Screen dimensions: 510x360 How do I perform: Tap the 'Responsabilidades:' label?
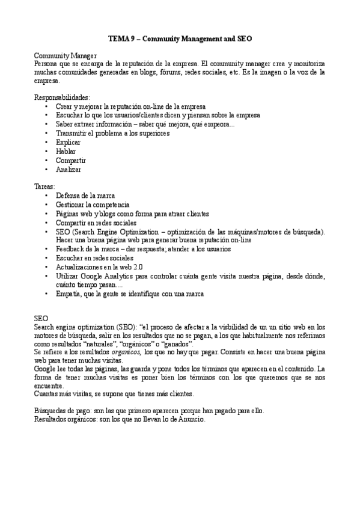click(62, 97)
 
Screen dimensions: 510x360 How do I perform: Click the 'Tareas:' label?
click(44, 187)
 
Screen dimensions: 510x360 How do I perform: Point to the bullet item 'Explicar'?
click(67, 143)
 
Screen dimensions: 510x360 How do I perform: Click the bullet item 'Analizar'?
click(68, 170)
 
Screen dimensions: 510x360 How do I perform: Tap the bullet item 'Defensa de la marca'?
click(85, 196)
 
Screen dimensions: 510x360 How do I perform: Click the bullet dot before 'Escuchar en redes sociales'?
click(47, 258)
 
